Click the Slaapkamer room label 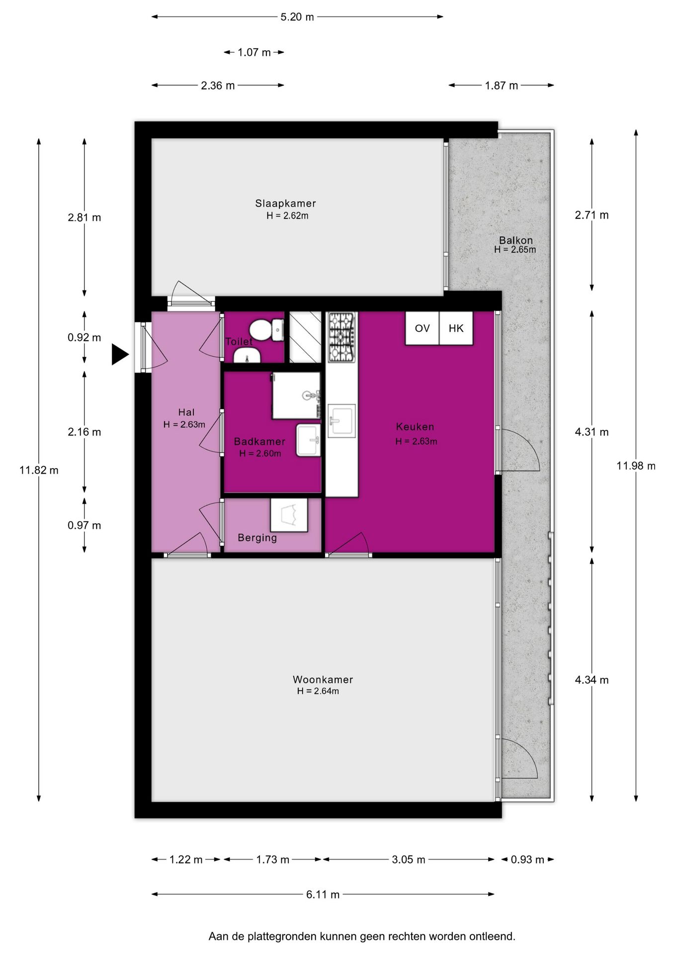pos(285,203)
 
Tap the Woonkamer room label pos(323,679)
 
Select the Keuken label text pos(415,426)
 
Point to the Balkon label pos(515,240)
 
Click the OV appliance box pos(422,328)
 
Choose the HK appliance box pos(456,328)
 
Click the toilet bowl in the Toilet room pos(266,330)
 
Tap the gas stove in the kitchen pos(341,337)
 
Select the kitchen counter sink pos(341,421)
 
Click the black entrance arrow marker pos(120,354)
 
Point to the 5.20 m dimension pos(297,17)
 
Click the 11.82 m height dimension pos(39,470)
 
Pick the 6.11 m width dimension pos(323,894)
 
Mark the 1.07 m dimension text pos(254,52)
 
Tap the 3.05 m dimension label pos(409,859)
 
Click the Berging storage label pos(257,538)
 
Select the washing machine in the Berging pos(289,515)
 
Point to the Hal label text pos(186,412)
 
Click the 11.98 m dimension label pos(636,466)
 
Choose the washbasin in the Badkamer pos(308,440)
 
